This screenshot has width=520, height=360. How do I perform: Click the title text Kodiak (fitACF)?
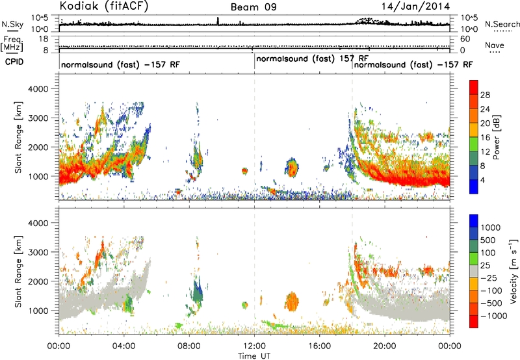[104, 6]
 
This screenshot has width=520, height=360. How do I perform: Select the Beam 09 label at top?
[253, 7]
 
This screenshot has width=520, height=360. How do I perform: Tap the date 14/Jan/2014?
[416, 6]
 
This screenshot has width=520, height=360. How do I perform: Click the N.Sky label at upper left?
[12, 24]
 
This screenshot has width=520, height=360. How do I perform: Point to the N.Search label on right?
[502, 24]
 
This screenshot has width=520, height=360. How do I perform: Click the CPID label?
[14, 62]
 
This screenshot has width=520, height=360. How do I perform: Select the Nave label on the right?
[495, 45]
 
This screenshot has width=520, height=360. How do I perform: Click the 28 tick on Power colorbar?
[485, 95]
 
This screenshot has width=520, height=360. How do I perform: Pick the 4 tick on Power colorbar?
[482, 180]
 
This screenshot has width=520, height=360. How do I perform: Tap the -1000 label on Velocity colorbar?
[494, 316]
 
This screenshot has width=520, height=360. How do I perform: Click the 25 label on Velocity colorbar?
[486, 265]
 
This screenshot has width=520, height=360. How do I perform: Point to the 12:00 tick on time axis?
[254, 346]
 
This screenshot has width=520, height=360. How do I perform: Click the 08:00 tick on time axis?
[189, 346]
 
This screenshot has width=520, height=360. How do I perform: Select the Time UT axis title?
[254, 355]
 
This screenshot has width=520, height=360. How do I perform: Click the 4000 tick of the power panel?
[38, 89]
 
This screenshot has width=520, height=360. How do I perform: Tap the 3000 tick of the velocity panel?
[38, 252]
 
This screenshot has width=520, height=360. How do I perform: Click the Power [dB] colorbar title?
[497, 137]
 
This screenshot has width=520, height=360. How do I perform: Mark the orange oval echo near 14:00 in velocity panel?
[292, 302]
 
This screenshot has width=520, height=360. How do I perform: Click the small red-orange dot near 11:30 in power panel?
[245, 171]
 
